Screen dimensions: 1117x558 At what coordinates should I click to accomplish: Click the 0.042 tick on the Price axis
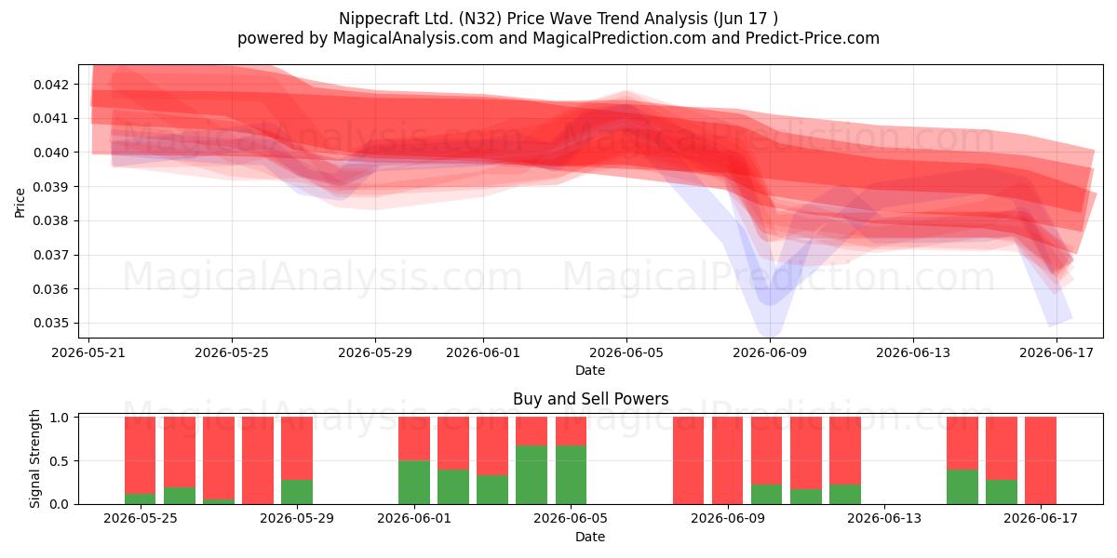coord(50,85)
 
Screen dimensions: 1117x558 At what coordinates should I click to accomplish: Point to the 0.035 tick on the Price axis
coord(50,324)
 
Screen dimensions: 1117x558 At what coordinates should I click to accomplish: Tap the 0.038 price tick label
coord(50,220)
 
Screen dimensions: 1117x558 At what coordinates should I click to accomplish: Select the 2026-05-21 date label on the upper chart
coord(88,352)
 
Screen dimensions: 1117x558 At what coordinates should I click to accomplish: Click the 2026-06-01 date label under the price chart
coord(483,352)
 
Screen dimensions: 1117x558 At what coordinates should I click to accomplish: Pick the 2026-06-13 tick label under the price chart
coord(913,352)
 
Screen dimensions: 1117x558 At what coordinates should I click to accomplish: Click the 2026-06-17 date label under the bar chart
coord(1041,519)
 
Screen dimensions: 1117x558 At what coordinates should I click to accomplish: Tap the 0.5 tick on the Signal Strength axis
coord(59,461)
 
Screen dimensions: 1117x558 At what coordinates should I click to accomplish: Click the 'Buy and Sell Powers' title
coord(590,399)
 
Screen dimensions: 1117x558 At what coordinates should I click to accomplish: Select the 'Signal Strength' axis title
coord(34,458)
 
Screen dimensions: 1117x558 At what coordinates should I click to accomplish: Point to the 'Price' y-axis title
coord(20,203)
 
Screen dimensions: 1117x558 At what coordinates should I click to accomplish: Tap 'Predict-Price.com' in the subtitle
coord(813,38)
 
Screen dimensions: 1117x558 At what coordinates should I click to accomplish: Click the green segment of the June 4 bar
coord(532,475)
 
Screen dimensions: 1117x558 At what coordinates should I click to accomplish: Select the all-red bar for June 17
coord(1041,460)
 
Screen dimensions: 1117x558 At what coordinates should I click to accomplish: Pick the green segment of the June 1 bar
coord(414,483)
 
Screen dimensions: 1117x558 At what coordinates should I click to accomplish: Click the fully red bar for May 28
coord(258,460)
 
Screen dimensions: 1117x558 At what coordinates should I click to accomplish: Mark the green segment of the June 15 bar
coord(962,486)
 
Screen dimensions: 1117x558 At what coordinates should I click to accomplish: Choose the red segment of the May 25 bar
coord(141,456)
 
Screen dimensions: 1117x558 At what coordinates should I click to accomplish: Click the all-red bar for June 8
coord(688,460)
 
